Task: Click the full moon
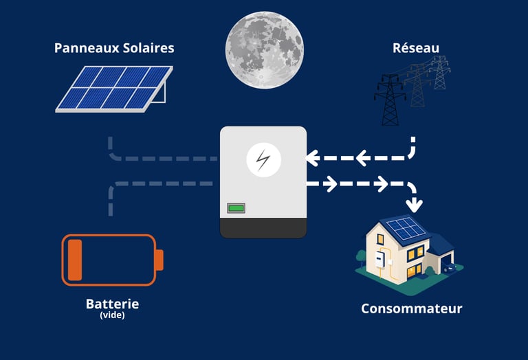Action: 264,49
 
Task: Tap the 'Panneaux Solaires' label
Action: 114,48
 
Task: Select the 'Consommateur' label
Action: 411,308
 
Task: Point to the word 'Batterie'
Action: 112,304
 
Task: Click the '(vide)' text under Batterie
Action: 112,315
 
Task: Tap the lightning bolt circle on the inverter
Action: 263,161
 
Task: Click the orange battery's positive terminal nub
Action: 159,260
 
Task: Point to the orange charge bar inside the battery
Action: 74,260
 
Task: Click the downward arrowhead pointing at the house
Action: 415,204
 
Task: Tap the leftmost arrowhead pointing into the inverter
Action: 311,159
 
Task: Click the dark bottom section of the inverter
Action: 263,226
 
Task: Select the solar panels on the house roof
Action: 404,229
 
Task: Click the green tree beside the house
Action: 360,258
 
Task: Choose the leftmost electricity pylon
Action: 390,100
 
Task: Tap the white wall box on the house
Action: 379,258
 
